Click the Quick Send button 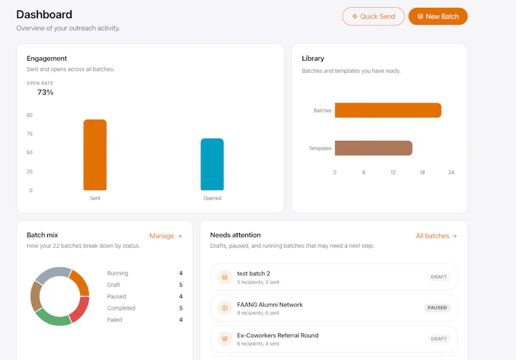[373, 17]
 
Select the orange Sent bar [95, 155]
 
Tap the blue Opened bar [212, 165]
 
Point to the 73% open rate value [45, 92]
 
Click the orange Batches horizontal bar [388, 110]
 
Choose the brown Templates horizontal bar [373, 148]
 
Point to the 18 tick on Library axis [422, 172]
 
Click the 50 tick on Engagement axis [30, 153]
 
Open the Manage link [166, 236]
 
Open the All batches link [437, 236]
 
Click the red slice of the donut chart [80, 309]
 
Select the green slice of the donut [54, 317]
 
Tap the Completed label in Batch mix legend [121, 308]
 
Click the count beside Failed [181, 320]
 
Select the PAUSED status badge [437, 308]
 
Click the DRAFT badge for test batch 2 [439, 277]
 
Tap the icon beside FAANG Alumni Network [224, 308]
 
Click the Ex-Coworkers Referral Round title [278, 335]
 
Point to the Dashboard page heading [44, 14]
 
